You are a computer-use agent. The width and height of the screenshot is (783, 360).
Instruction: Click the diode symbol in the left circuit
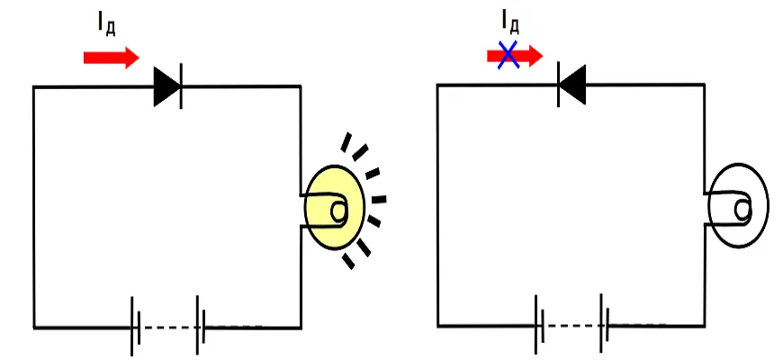click(167, 86)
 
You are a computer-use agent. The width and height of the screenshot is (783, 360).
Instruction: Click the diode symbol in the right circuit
click(571, 85)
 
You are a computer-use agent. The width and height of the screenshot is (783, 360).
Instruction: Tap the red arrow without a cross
click(111, 58)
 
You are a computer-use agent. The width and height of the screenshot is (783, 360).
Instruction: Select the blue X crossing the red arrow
click(508, 55)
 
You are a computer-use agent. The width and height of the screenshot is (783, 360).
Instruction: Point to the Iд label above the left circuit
click(106, 25)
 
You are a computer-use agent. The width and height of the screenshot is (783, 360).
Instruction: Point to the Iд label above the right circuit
click(510, 22)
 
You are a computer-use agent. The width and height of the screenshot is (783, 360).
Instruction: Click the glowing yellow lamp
click(335, 207)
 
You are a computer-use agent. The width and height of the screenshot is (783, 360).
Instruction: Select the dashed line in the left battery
click(168, 328)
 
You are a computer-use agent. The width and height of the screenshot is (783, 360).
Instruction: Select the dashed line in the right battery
click(572, 326)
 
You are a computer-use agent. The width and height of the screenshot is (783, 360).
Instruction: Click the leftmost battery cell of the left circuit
click(135, 327)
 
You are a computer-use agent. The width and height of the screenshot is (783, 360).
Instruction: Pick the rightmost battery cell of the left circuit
click(202, 326)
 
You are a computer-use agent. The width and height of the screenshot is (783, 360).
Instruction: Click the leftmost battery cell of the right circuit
click(539, 325)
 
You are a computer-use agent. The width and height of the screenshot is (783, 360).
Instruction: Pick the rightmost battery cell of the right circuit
click(605, 324)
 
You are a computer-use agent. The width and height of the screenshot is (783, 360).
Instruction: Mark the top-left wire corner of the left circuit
click(34, 87)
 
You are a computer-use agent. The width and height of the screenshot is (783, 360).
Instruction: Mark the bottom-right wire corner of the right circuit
click(705, 326)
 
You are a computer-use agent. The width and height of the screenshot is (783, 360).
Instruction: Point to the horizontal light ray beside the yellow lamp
click(379, 200)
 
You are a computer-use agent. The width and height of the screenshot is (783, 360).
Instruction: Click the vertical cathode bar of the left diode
click(180, 86)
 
